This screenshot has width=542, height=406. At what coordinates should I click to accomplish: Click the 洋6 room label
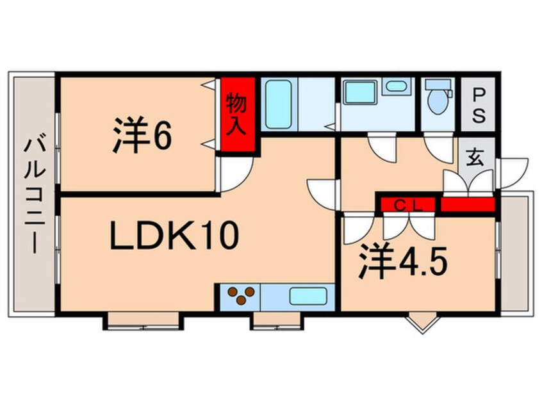click(142, 135)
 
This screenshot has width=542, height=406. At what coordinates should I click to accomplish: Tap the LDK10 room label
click(174, 236)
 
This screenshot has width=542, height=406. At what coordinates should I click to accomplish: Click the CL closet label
click(408, 206)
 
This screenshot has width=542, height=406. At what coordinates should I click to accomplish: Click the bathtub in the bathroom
click(279, 104)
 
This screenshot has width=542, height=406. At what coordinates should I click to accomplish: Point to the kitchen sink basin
click(308, 296)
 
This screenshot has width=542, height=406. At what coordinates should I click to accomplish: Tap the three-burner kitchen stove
click(241, 296)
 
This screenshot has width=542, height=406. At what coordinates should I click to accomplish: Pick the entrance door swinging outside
click(513, 173)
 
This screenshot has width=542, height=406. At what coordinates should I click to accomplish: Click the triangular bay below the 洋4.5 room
click(423, 322)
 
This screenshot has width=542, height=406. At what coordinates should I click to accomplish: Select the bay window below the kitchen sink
click(277, 321)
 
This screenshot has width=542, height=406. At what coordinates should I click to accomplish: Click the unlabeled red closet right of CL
click(468, 204)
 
